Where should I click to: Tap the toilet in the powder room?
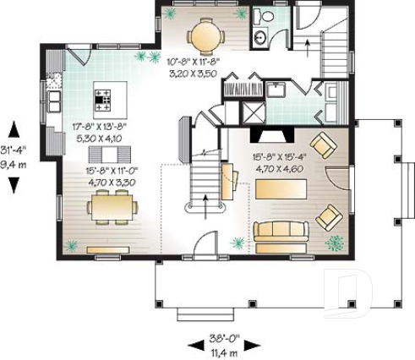tap(264, 17)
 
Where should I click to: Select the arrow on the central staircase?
tap(207, 199)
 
